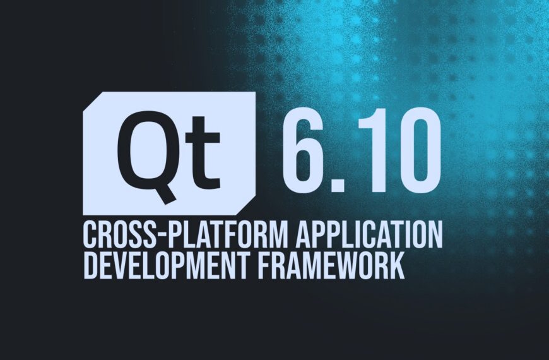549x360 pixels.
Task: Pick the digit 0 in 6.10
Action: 416,154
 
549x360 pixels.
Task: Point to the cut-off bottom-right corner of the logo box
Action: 250,205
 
